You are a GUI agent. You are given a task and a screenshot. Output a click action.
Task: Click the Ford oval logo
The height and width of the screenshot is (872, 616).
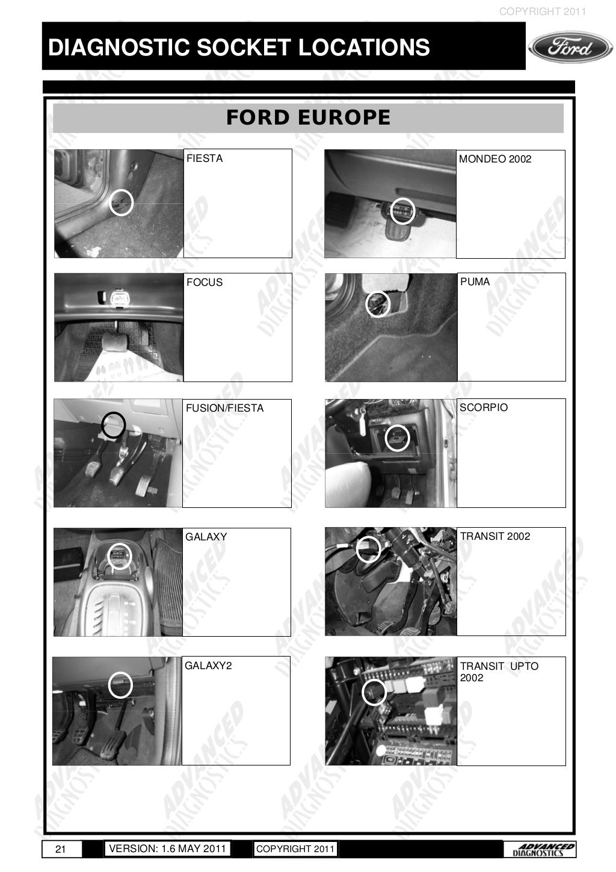click(570, 48)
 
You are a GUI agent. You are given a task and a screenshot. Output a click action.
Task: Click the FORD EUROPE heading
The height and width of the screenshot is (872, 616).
click(308, 117)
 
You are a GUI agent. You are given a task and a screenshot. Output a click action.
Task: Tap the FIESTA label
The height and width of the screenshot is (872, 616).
click(205, 158)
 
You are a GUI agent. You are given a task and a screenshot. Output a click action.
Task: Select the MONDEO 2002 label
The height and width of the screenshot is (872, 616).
click(495, 159)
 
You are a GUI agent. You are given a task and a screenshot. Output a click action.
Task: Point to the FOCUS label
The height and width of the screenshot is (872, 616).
click(205, 282)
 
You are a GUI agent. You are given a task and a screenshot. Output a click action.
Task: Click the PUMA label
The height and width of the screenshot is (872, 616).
click(475, 282)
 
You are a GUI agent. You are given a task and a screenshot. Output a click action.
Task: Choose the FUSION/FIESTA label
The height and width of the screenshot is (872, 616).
click(224, 408)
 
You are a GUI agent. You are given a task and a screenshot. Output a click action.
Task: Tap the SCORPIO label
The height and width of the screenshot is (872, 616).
click(484, 407)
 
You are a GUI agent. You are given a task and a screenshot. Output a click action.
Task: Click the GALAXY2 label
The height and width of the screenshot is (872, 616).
click(208, 666)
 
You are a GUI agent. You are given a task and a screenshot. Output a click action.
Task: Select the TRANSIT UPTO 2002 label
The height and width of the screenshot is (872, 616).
click(499, 672)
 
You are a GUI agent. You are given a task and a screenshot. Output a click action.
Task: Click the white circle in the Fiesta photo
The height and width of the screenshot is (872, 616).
click(122, 202)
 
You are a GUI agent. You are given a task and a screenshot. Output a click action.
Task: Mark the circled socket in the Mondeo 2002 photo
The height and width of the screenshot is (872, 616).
click(402, 211)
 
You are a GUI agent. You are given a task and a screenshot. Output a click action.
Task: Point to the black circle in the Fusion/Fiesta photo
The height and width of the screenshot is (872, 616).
click(113, 425)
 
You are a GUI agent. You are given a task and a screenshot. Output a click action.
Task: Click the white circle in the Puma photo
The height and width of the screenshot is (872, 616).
click(378, 304)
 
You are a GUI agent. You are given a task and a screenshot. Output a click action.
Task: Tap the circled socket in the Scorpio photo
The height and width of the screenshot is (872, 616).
click(397, 438)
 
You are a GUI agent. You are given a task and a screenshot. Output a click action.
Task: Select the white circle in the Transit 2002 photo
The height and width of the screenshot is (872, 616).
click(369, 548)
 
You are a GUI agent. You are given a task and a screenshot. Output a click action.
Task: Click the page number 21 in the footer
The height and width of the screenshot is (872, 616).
click(60, 849)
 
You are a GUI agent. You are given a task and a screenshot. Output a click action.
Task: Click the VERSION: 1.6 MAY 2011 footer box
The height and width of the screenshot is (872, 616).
click(167, 849)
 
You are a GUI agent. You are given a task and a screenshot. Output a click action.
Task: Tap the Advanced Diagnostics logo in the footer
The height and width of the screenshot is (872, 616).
click(540, 849)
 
